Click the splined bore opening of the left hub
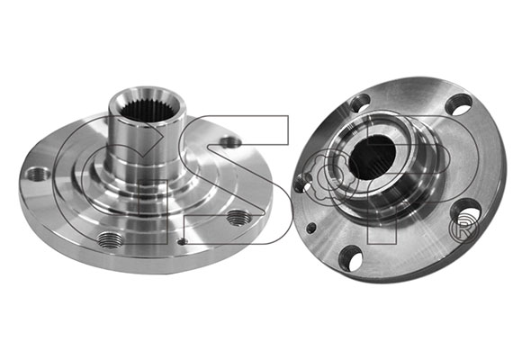click(147, 109)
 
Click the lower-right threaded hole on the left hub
click(238, 218)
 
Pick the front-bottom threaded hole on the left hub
click(110, 239)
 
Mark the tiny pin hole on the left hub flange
click(183, 241)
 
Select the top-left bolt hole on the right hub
click(360, 103)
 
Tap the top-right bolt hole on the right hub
click(458, 104)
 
